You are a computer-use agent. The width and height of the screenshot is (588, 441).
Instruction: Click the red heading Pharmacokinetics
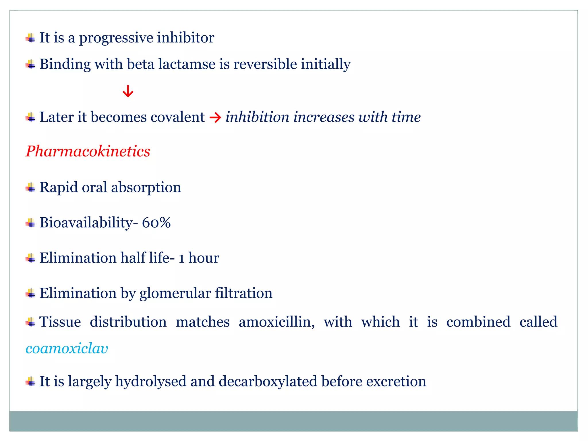point(88,151)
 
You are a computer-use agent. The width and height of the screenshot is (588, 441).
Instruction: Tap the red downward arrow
point(128,91)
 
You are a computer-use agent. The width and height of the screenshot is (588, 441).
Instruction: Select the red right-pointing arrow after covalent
point(215,118)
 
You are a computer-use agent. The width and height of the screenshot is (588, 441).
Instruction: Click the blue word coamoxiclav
point(67,349)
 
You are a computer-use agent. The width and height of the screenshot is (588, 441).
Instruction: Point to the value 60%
point(156,223)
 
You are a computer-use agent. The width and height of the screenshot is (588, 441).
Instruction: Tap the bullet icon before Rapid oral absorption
point(30,188)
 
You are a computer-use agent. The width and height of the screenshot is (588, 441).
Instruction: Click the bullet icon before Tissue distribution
point(30,322)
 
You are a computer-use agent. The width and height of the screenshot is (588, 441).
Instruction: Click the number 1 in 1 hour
point(181,258)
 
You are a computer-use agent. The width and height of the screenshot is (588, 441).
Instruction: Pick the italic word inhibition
point(257,117)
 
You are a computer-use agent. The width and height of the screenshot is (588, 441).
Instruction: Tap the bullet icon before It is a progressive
point(30,38)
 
